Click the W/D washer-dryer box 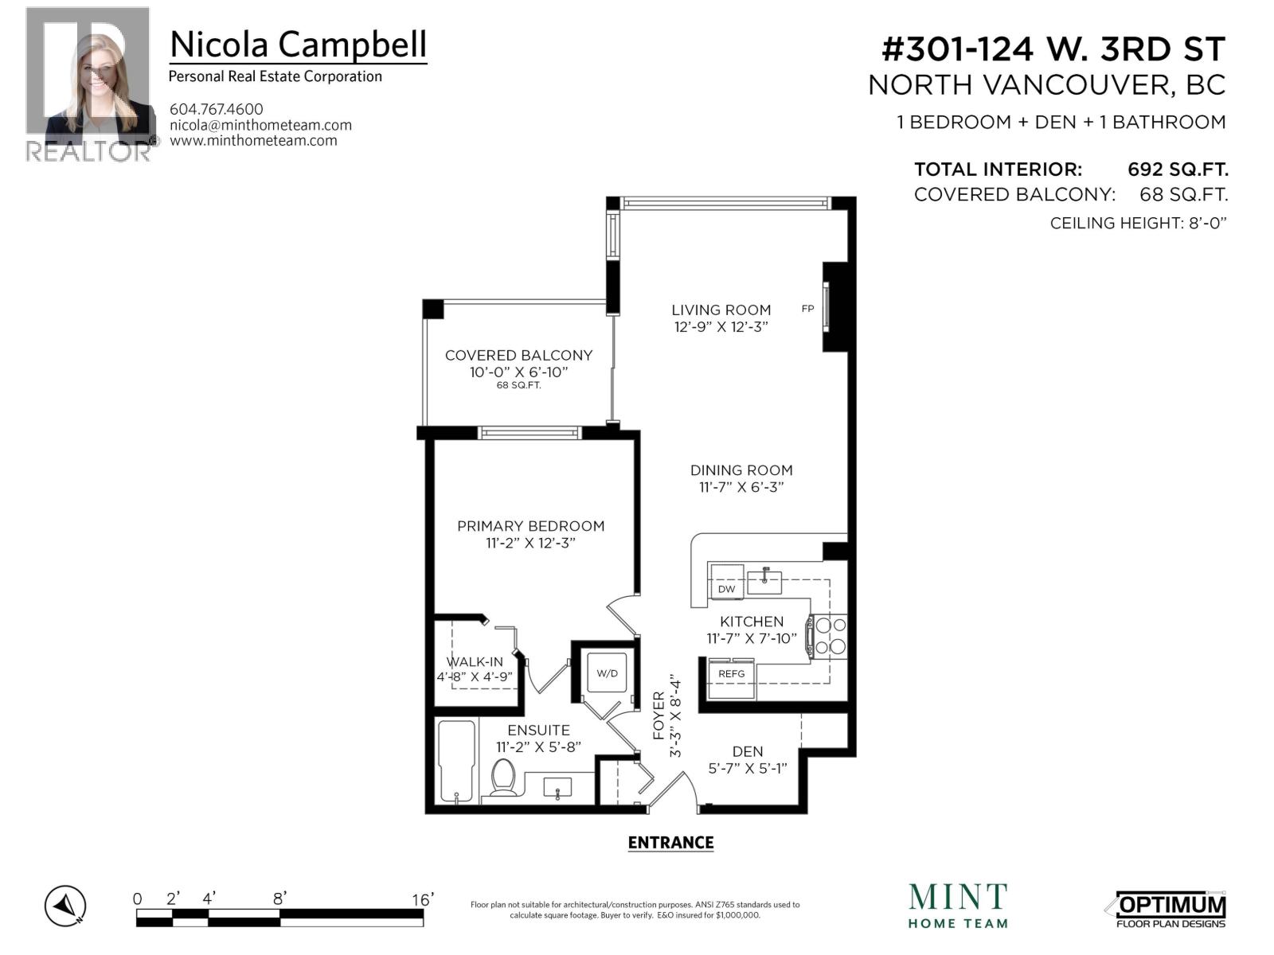pyautogui.click(x=607, y=673)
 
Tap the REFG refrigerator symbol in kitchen pyautogui.click(x=731, y=674)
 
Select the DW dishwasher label pyautogui.click(x=726, y=589)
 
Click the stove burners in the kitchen pyautogui.click(x=830, y=636)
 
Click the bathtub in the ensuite pyautogui.click(x=457, y=760)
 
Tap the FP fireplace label pyautogui.click(x=807, y=309)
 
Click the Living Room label pyautogui.click(x=721, y=310)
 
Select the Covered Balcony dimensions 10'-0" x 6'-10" pyautogui.click(x=518, y=372)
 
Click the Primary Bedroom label pyautogui.click(x=530, y=526)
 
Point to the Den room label pyautogui.click(x=747, y=751)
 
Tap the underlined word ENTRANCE pyautogui.click(x=670, y=843)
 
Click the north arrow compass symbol pyautogui.click(x=65, y=906)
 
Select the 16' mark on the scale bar pyautogui.click(x=422, y=899)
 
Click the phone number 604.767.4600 pyautogui.click(x=216, y=109)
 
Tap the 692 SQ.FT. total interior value pyautogui.click(x=1177, y=170)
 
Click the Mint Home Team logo pyautogui.click(x=958, y=906)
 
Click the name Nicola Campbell pyautogui.click(x=298, y=45)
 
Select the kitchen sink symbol pyautogui.click(x=764, y=581)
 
